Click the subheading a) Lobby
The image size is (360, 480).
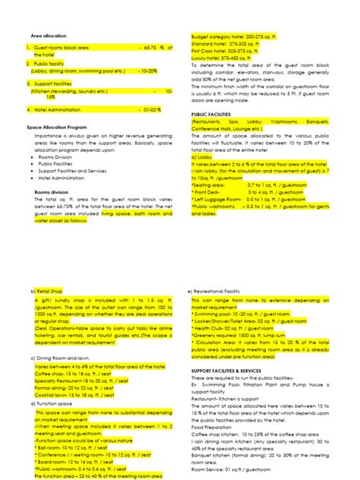tap(202, 156)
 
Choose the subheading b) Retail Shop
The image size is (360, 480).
tap(48, 291)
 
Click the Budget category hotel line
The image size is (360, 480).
tap(226, 36)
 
